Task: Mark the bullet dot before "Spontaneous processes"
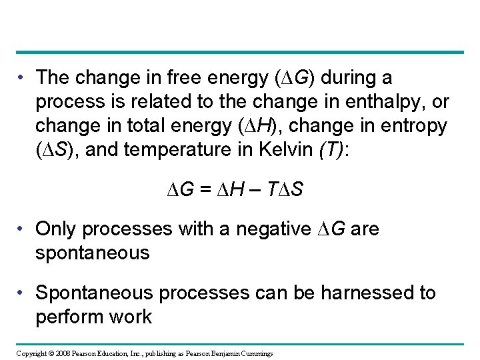click(25, 293)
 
